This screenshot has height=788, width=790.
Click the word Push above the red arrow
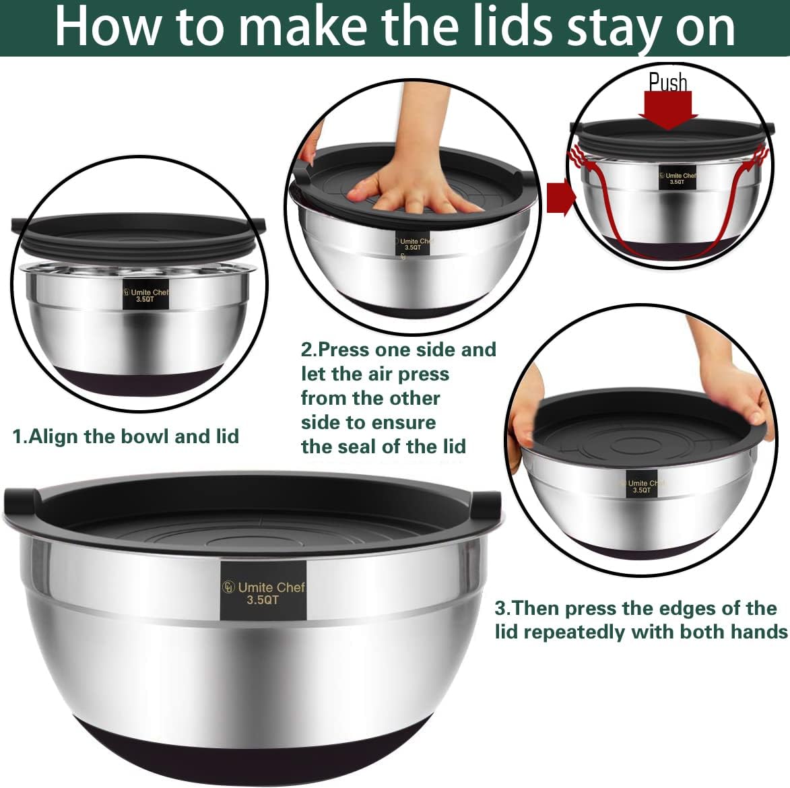pyautogui.click(x=668, y=82)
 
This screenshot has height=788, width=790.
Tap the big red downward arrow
pyautogui.click(x=668, y=109)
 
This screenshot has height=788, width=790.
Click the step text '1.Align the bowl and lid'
pyautogui.click(x=126, y=436)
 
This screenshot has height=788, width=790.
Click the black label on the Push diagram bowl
pyautogui.click(x=677, y=178)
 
